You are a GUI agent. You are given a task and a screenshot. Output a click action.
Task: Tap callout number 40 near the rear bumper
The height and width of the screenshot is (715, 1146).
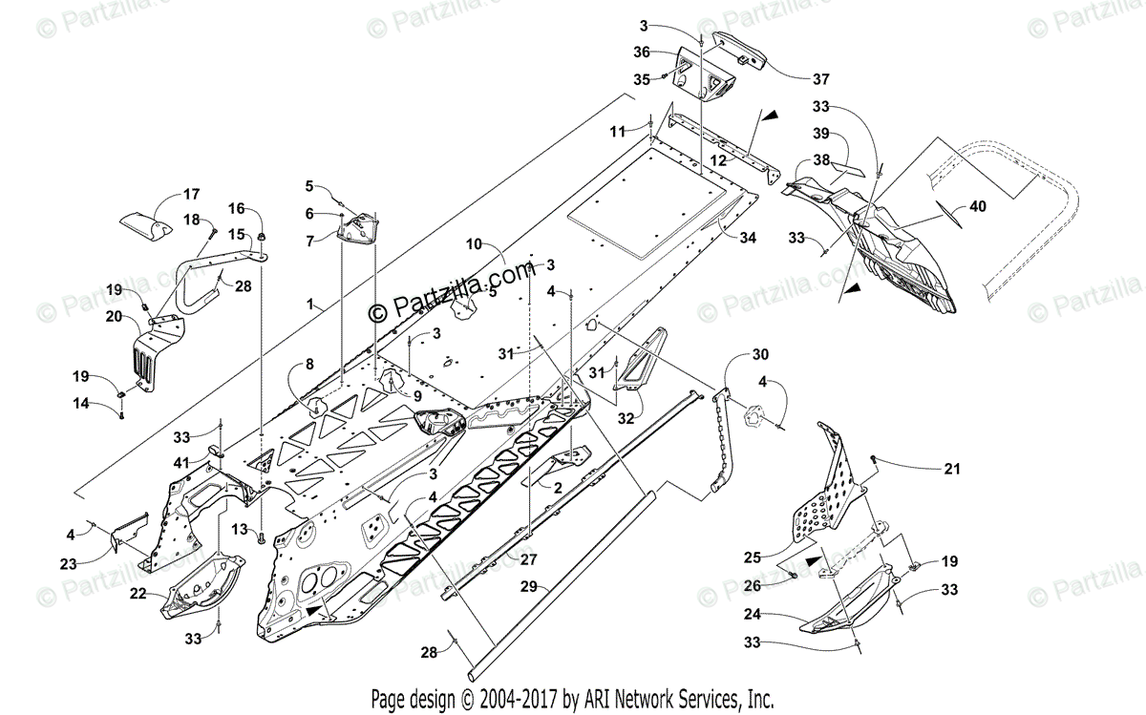977,205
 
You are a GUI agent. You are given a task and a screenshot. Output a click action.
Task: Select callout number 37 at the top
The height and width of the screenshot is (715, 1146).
820,78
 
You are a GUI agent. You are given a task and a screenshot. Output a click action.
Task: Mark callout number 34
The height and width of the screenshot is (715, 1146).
747,237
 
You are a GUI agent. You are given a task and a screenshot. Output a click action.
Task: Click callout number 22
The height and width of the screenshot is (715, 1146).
138,594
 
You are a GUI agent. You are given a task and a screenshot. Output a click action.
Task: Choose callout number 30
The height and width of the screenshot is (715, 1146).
759,354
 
